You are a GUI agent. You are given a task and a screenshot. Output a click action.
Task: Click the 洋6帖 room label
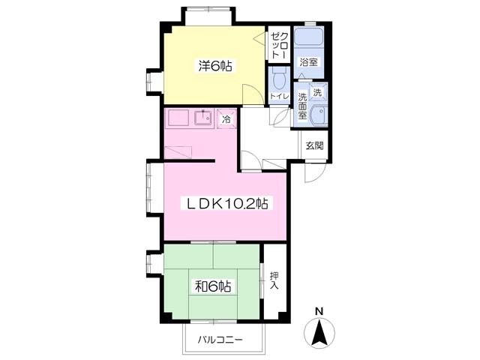coord(215,66)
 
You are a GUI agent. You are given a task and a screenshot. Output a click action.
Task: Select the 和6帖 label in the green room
coord(213,286)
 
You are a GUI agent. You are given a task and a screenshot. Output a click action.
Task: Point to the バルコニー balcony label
coord(220,340)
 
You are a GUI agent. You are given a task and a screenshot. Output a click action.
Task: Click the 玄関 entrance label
coord(315,145)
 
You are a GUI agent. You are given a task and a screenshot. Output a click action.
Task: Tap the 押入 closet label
coord(274,280)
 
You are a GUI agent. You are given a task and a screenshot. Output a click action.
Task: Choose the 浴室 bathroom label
coord(308,63)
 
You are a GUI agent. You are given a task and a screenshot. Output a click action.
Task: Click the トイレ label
coord(279,96)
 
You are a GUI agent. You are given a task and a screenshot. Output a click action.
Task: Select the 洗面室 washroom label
coord(302,106)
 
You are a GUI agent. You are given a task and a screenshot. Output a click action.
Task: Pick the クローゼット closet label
coord(279,46)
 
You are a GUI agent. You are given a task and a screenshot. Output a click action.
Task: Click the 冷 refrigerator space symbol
coord(226,118)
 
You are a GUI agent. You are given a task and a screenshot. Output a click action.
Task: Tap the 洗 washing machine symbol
coord(317,92)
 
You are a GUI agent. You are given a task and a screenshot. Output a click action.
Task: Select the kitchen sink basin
coord(203,118)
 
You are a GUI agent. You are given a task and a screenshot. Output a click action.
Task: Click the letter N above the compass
coord(319,312)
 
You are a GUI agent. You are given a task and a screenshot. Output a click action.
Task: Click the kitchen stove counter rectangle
coord(178,118)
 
